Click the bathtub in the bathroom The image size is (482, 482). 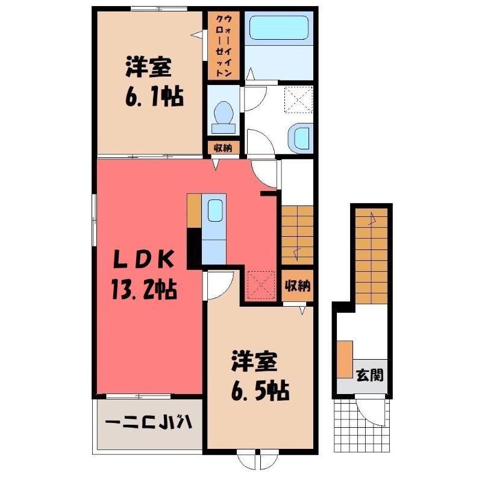[x=279, y=28]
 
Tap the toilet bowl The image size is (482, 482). [x=224, y=118]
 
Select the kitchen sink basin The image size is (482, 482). [x=215, y=210]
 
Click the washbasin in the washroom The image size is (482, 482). [x=301, y=137]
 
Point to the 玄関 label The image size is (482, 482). [x=369, y=375]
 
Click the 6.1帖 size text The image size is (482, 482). [x=154, y=97]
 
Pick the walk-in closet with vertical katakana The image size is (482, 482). [x=224, y=46]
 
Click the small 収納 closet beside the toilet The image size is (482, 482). [x=223, y=148]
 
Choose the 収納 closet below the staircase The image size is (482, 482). [x=297, y=286]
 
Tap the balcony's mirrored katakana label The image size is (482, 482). [x=148, y=422]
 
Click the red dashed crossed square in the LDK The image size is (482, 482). [x=261, y=284]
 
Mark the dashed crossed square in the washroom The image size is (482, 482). [x=298, y=100]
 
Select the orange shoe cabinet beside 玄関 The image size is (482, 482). [x=345, y=359]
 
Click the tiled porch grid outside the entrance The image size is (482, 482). [x=362, y=425]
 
